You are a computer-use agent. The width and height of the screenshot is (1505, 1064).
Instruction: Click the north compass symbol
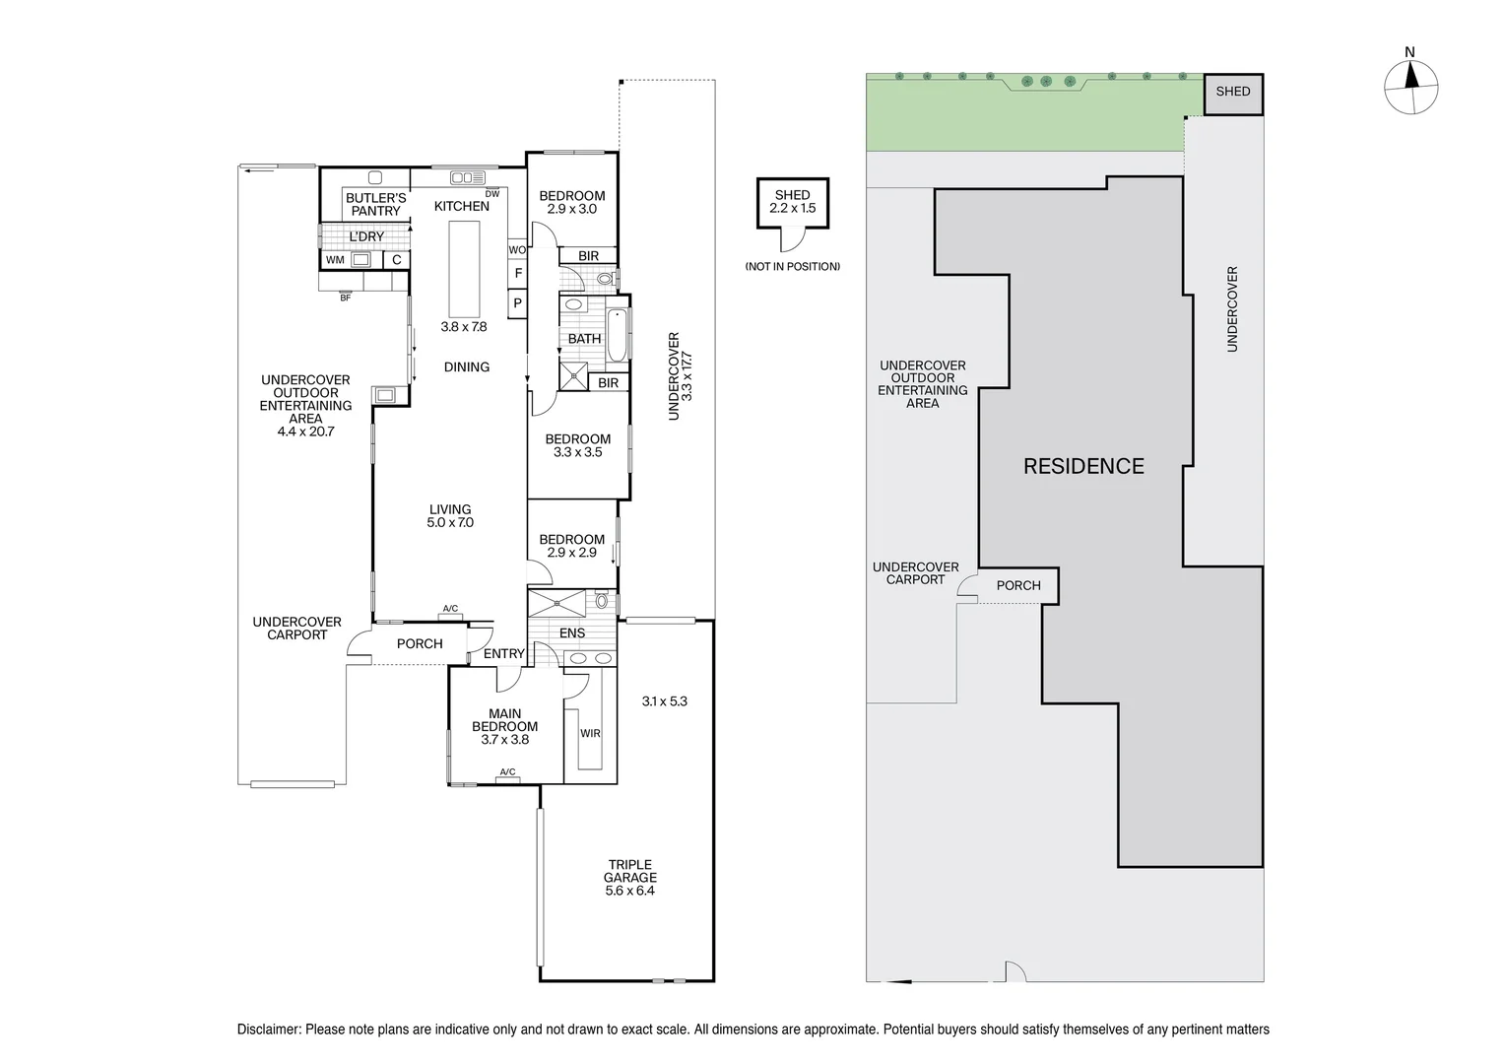tap(1410, 88)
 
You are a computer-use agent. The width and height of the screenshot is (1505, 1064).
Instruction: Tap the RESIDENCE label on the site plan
tap(1083, 466)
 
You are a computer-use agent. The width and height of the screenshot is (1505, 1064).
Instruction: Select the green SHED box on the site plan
tap(1233, 92)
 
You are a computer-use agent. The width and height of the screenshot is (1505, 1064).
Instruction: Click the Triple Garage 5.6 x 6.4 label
tap(630, 878)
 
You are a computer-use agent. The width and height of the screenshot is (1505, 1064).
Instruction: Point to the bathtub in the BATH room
tap(617, 335)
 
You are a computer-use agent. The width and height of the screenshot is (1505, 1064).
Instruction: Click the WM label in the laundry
tap(335, 260)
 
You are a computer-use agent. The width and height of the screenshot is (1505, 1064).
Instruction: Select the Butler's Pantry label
tap(375, 204)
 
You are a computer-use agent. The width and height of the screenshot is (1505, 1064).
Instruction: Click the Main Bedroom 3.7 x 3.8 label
tap(504, 726)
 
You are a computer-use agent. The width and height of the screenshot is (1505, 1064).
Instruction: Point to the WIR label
tap(590, 733)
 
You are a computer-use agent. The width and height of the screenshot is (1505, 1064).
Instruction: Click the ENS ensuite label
tap(572, 633)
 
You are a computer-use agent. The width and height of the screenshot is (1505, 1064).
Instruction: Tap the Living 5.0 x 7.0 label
tap(450, 516)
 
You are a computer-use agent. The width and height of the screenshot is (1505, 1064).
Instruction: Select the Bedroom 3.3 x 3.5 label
tap(578, 445)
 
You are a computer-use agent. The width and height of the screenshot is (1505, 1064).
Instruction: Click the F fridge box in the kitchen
tap(518, 273)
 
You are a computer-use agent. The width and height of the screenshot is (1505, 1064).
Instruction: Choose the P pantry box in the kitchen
tap(517, 304)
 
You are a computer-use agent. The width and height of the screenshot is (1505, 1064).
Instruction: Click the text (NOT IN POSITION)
tap(793, 266)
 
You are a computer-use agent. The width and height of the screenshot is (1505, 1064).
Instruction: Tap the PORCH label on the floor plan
tap(420, 643)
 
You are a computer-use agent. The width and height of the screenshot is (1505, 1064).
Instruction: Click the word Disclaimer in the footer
tap(268, 1030)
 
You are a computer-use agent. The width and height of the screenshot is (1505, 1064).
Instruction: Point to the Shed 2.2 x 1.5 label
tap(793, 202)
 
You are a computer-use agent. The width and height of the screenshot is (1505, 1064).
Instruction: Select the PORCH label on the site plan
tap(1018, 585)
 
